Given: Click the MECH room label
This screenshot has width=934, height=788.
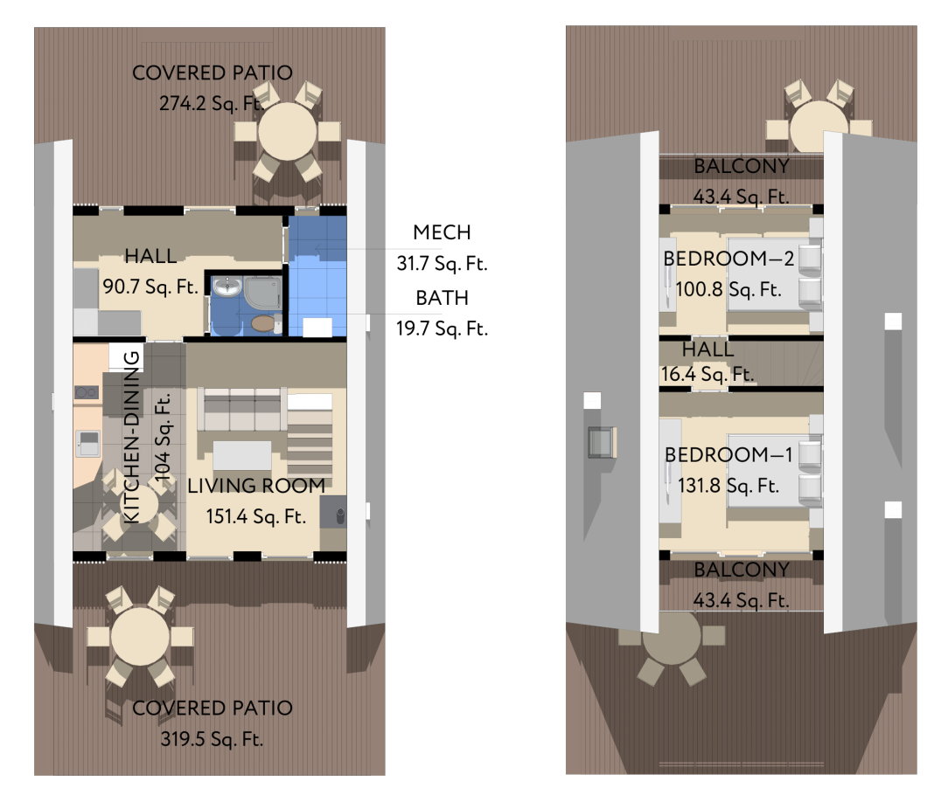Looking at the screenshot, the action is click(442, 232).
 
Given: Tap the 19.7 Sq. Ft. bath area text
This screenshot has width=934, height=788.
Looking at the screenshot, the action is click(442, 328).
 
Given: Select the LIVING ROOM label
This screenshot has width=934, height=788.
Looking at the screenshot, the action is click(256, 486).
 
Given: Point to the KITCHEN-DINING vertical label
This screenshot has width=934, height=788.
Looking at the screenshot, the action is click(131, 437).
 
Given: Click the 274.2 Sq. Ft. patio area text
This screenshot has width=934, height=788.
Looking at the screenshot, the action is click(212, 104).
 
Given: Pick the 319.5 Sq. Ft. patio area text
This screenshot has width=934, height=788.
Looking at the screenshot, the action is click(212, 739).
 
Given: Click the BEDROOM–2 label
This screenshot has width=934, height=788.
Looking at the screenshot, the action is click(728, 259).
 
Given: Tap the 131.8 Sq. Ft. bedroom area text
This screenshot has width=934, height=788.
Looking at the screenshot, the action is click(728, 486).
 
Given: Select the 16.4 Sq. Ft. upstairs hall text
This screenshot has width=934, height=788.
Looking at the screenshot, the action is click(707, 374).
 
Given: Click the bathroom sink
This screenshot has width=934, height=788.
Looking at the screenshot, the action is click(227, 287).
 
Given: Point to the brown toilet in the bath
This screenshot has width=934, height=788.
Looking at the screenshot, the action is click(262, 323).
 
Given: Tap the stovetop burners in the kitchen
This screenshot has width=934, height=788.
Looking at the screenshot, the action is click(87, 392).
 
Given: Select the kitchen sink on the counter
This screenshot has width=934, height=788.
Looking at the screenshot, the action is click(88, 444).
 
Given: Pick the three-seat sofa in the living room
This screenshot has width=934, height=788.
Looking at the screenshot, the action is click(242, 409).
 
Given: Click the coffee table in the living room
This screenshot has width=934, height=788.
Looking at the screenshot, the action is click(242, 456).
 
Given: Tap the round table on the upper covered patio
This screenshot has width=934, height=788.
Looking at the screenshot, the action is click(287, 132).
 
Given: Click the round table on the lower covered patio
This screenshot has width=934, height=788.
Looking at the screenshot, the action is click(140, 636).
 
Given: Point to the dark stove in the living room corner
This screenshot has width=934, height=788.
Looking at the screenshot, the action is click(333, 512).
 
